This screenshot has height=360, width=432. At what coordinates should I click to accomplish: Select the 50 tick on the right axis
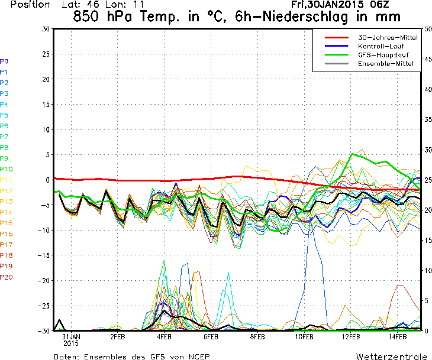[428, 28]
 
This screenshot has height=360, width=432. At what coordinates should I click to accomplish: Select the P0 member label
[4, 61]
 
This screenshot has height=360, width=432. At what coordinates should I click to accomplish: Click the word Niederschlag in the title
[305, 16]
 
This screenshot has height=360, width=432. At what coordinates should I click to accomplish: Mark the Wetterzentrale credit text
[391, 356]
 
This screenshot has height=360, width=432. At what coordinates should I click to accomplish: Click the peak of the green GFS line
[353, 154]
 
